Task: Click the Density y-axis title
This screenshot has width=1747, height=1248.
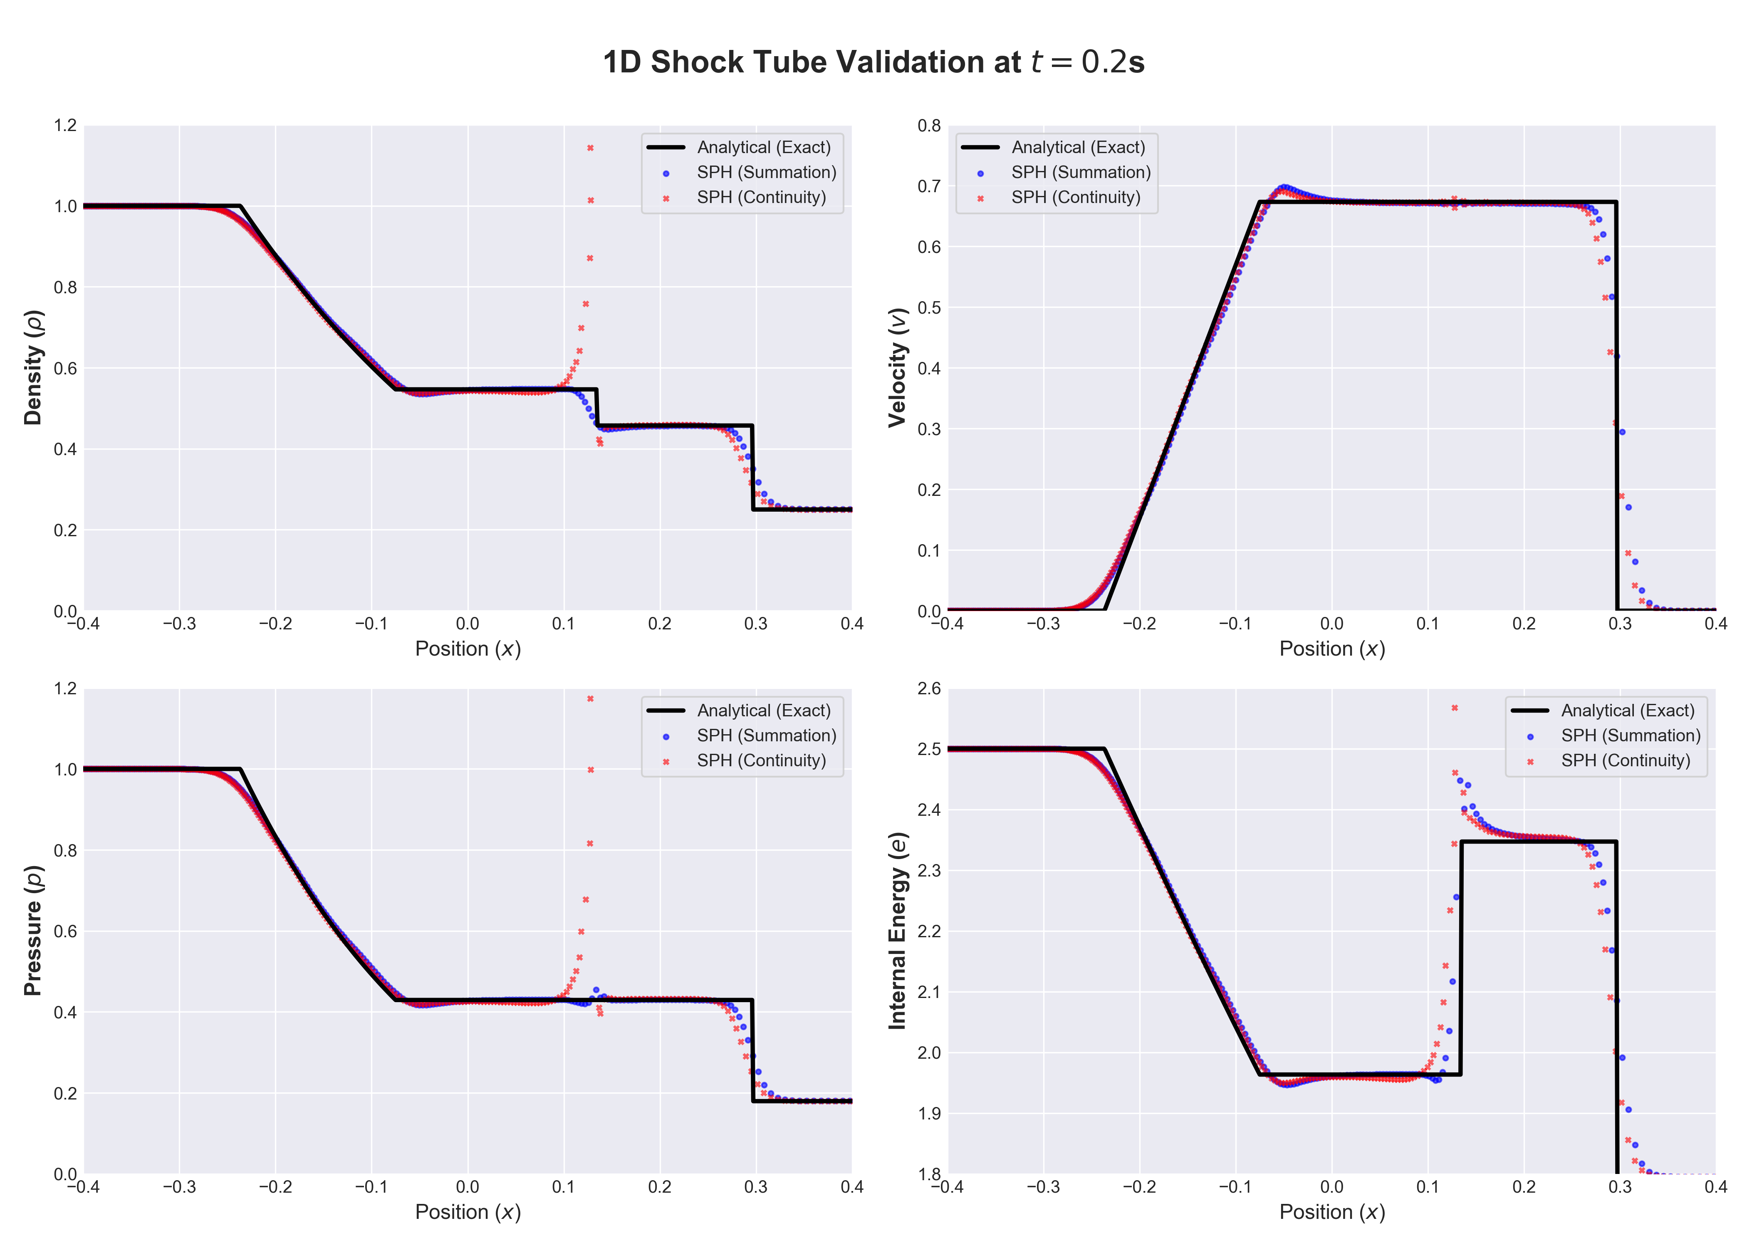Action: pyautogui.click(x=33, y=367)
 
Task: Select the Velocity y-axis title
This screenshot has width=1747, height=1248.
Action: pyautogui.click(x=897, y=367)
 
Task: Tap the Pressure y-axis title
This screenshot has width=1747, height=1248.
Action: pyautogui.click(x=33, y=931)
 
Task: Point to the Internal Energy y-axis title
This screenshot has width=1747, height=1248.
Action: pyautogui.click(x=897, y=931)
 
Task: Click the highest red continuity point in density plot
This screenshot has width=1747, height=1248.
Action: pyautogui.click(x=590, y=148)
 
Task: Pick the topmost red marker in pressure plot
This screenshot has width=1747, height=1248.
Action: pyautogui.click(x=590, y=698)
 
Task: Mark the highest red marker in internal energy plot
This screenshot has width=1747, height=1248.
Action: pyautogui.click(x=1454, y=708)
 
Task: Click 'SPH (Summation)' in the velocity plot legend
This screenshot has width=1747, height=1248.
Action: pyautogui.click(x=1080, y=172)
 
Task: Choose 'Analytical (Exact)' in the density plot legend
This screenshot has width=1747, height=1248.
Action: pyautogui.click(x=764, y=147)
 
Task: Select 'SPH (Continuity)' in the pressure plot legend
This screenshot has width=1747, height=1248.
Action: pyautogui.click(x=761, y=760)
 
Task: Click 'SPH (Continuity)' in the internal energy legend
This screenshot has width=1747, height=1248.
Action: pyautogui.click(x=1626, y=760)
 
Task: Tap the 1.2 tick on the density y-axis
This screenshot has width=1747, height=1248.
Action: pyautogui.click(x=65, y=125)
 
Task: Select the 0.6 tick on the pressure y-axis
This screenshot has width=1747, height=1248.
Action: pyautogui.click(x=65, y=931)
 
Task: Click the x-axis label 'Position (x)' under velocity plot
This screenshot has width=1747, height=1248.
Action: pyautogui.click(x=1331, y=649)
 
